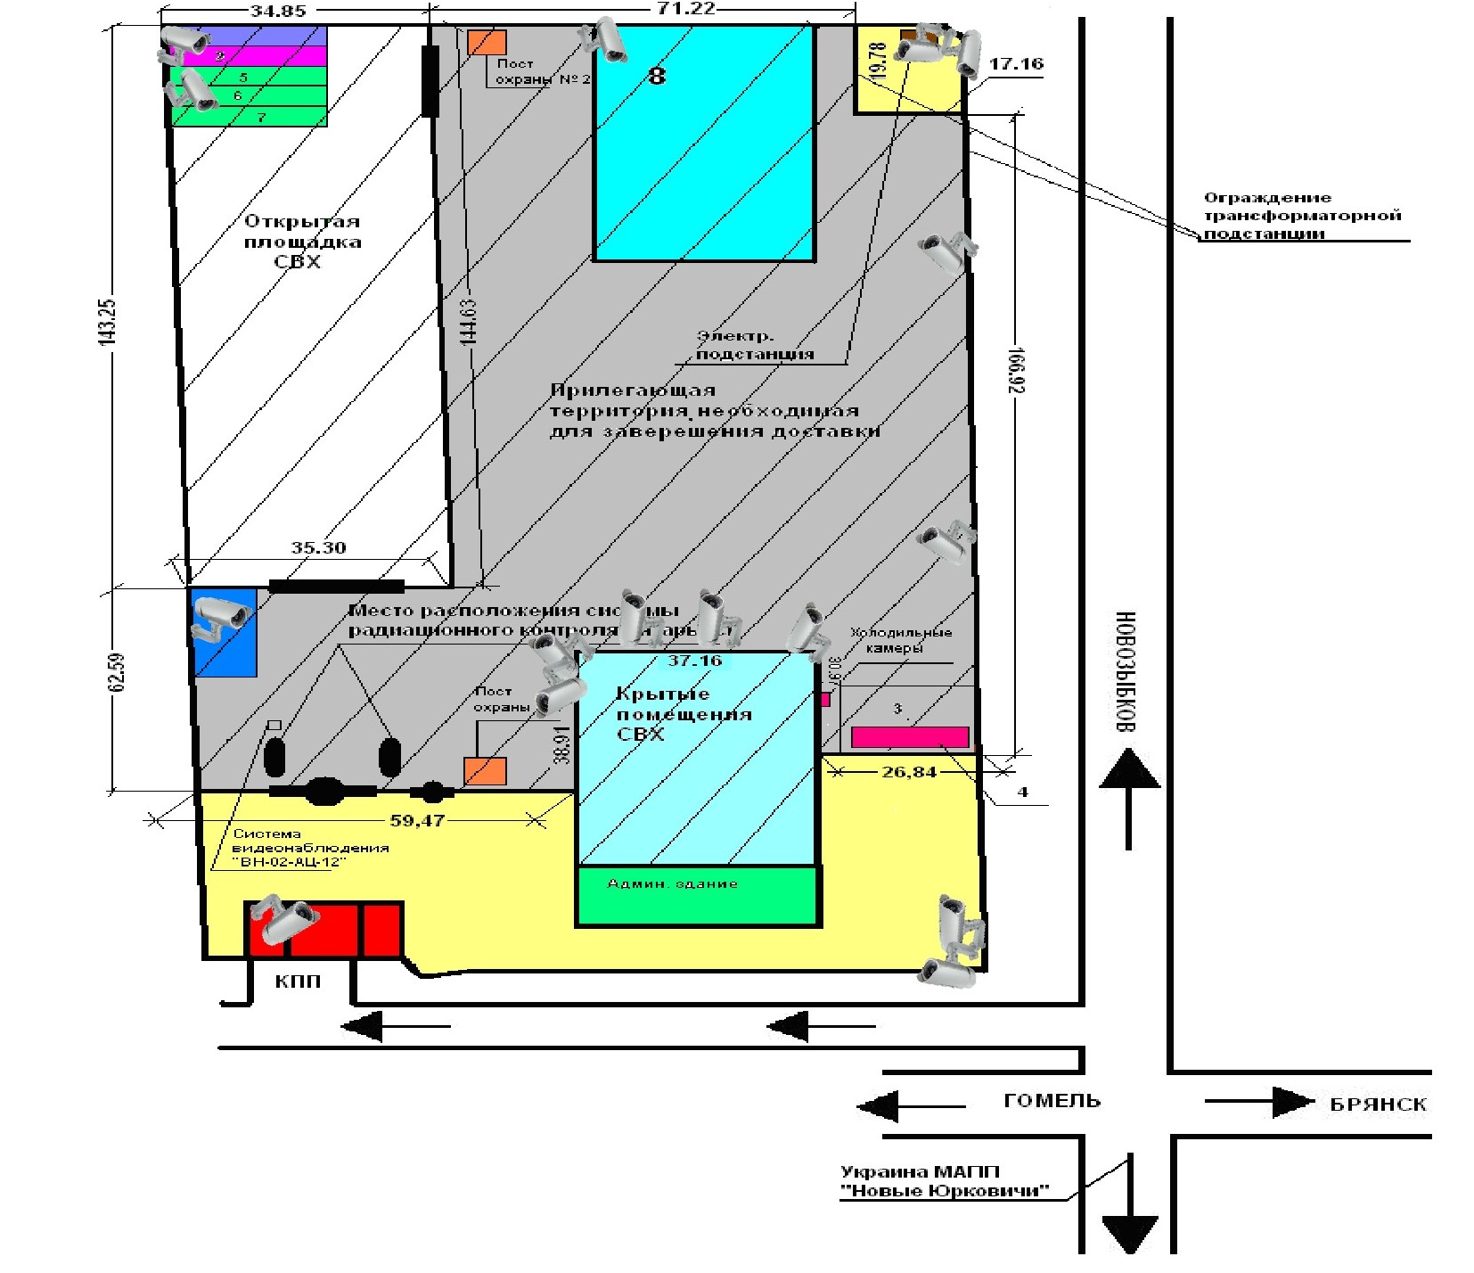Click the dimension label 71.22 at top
[x=685, y=8]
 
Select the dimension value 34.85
[x=278, y=11]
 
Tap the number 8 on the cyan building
[x=657, y=76]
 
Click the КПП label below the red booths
[x=298, y=981]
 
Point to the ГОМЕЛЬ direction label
[x=1052, y=1101]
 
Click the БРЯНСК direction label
[x=1378, y=1105]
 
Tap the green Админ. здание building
[x=697, y=895]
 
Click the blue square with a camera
[x=224, y=631]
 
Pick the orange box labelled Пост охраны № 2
[x=487, y=42]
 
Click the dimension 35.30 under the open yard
[x=318, y=547]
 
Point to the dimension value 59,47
[x=417, y=820]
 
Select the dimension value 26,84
[x=909, y=772]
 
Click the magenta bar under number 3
[x=910, y=737]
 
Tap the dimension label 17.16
[x=1016, y=64]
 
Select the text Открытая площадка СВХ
[x=301, y=242]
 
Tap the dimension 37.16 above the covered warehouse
[x=694, y=661]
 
